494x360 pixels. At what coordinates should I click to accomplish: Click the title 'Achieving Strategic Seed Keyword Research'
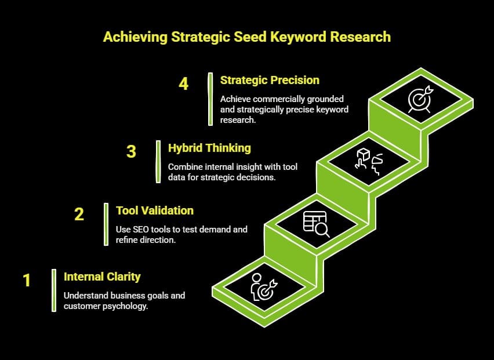click(x=246, y=37)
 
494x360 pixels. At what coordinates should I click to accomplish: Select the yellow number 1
click(x=27, y=281)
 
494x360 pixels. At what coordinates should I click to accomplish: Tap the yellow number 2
click(x=79, y=214)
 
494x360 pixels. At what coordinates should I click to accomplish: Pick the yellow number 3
click(x=131, y=152)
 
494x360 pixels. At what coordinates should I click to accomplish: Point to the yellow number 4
click(x=183, y=83)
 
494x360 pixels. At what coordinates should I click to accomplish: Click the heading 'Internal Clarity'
click(x=102, y=277)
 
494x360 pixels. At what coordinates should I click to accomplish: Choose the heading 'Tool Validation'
click(x=155, y=210)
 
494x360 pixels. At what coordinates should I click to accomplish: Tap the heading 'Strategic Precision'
click(x=270, y=79)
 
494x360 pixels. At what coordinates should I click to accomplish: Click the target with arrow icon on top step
click(x=419, y=100)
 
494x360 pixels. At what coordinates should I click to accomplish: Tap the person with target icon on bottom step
click(x=263, y=286)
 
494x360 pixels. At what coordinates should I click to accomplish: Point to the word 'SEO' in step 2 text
click(x=141, y=230)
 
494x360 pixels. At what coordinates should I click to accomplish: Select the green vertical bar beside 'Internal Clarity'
click(x=53, y=290)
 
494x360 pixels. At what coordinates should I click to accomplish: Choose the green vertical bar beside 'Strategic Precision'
click(x=210, y=99)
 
